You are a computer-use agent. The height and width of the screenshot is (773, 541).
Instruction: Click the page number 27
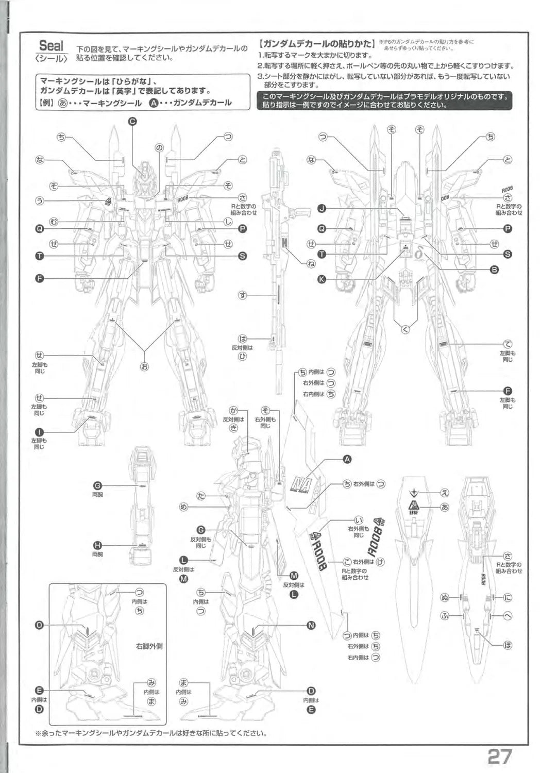click(x=500, y=756)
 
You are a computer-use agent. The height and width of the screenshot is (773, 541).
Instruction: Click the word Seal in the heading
click(x=52, y=45)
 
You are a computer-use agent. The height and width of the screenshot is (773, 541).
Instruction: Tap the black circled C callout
click(x=132, y=122)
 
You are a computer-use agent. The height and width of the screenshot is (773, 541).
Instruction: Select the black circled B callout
click(x=494, y=269)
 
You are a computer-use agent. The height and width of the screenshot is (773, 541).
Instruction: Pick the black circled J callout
click(x=322, y=208)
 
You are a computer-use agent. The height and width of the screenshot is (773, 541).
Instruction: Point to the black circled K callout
click(x=322, y=279)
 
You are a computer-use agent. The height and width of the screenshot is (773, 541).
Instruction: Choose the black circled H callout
click(x=97, y=546)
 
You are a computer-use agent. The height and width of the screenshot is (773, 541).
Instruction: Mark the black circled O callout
click(x=39, y=626)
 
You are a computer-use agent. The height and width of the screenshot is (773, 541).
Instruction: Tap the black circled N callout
click(x=311, y=626)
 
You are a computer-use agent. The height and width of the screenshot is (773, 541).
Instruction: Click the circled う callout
click(x=39, y=201)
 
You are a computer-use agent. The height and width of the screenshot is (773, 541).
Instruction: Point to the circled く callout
click(x=405, y=330)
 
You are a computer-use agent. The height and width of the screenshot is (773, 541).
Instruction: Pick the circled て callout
click(x=508, y=344)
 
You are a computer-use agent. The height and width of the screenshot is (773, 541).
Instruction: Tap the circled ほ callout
click(x=508, y=645)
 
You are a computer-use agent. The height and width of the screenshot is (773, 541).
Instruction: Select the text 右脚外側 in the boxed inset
click(x=149, y=645)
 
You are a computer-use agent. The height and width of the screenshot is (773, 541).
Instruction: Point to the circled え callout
click(x=444, y=493)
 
